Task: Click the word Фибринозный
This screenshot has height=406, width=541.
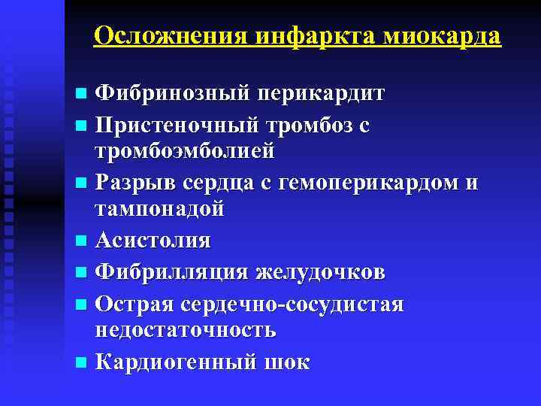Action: pos(175,94)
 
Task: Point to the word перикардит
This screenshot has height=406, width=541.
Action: pos(322,94)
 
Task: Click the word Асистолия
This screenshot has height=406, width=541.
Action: pos(153,240)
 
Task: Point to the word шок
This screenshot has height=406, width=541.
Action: pos(286,362)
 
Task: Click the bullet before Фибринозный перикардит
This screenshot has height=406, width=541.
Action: pos(81,95)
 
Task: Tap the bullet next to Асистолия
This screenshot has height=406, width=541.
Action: pos(81,241)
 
